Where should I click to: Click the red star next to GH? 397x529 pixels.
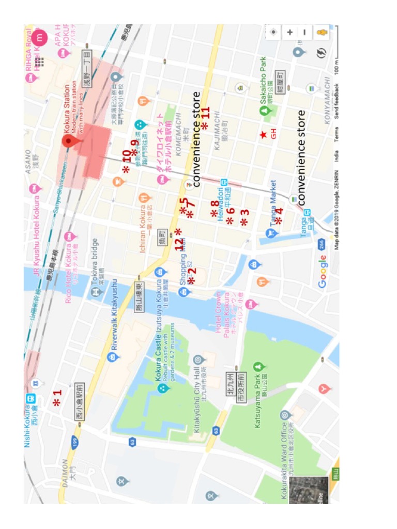click(x=263, y=135)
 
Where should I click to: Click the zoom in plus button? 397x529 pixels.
click(x=290, y=32)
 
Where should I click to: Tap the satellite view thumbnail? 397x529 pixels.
click(x=309, y=490)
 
